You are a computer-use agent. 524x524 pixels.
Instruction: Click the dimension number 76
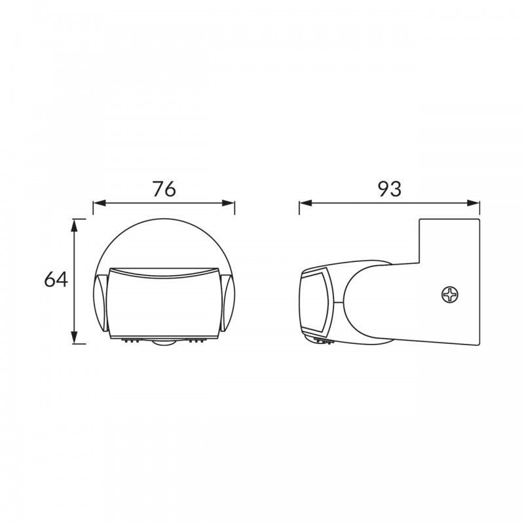point(164,189)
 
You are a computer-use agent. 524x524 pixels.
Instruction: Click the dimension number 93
point(389,189)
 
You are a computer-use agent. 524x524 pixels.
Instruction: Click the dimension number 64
point(56,280)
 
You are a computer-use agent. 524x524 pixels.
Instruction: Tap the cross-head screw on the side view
point(450,295)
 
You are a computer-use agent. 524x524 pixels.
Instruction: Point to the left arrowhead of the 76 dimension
point(100,203)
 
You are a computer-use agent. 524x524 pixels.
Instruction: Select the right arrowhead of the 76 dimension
point(228,203)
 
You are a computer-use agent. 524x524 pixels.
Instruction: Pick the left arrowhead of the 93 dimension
point(305,203)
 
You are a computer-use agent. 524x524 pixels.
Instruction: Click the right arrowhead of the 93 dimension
point(473,203)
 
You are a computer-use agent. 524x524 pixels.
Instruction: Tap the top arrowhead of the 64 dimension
point(74,225)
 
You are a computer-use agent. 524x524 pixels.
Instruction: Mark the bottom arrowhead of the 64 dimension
point(74,337)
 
